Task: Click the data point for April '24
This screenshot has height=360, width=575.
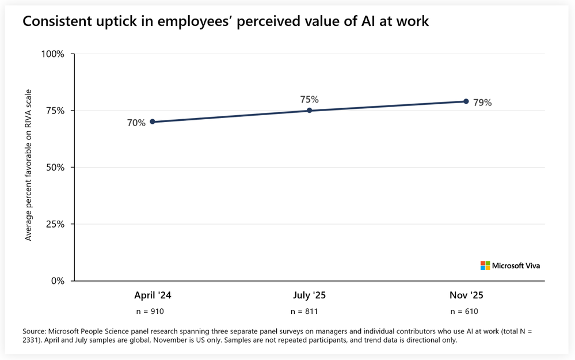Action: pyautogui.click(x=152, y=122)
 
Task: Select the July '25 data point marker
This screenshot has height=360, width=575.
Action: pyautogui.click(x=309, y=111)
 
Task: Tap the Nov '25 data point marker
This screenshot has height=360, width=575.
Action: pyautogui.click(x=466, y=101)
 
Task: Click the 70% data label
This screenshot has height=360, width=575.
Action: pyautogui.click(x=136, y=123)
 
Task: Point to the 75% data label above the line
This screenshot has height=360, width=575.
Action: pyautogui.click(x=309, y=99)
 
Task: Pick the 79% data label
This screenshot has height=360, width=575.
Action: pyautogui.click(x=482, y=103)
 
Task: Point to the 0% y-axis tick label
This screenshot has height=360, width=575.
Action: pyautogui.click(x=57, y=281)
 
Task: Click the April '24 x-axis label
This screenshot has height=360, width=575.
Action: pyautogui.click(x=153, y=295)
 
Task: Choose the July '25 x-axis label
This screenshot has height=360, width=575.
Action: pyautogui.click(x=309, y=295)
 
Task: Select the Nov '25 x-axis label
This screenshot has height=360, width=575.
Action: pyautogui.click(x=466, y=295)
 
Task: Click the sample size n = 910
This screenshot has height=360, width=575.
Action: pyautogui.click(x=153, y=312)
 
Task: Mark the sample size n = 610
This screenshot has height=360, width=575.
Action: pyautogui.click(x=464, y=312)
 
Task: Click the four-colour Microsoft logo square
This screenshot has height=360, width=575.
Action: pyautogui.click(x=485, y=266)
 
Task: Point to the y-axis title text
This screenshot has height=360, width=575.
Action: pyautogui.click(x=28, y=165)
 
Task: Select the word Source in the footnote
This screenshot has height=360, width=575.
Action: pyautogui.click(x=34, y=331)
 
